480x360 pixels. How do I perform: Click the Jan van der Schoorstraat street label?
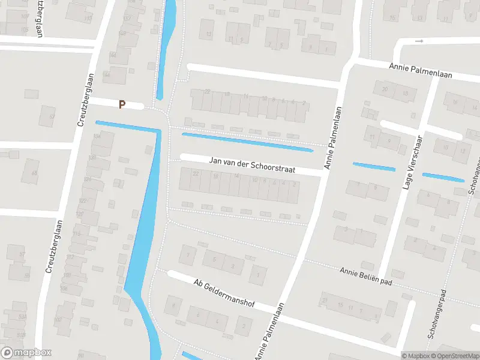[x=253, y=165]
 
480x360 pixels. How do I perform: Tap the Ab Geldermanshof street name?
[x=224, y=293]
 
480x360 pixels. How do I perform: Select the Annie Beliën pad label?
[x=365, y=276]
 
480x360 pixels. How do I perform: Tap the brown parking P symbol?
[x=122, y=104]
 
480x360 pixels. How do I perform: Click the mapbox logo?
[x=26, y=353]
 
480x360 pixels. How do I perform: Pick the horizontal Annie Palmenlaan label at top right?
[x=420, y=71]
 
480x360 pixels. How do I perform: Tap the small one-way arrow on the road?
[x=419, y=41]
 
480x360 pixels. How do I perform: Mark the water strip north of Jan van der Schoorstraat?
[x=247, y=142]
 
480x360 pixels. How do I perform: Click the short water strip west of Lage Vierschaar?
[x=374, y=166]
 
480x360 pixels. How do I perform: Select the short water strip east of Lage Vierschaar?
[x=443, y=177]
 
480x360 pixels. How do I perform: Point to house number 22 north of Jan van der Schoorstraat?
[x=207, y=92]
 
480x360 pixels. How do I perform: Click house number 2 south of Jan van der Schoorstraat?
[x=294, y=184]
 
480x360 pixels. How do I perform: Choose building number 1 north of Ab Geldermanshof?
[x=258, y=275]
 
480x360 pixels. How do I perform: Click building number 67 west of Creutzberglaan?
[x=52, y=117]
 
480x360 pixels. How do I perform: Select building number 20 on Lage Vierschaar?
[x=385, y=89]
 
